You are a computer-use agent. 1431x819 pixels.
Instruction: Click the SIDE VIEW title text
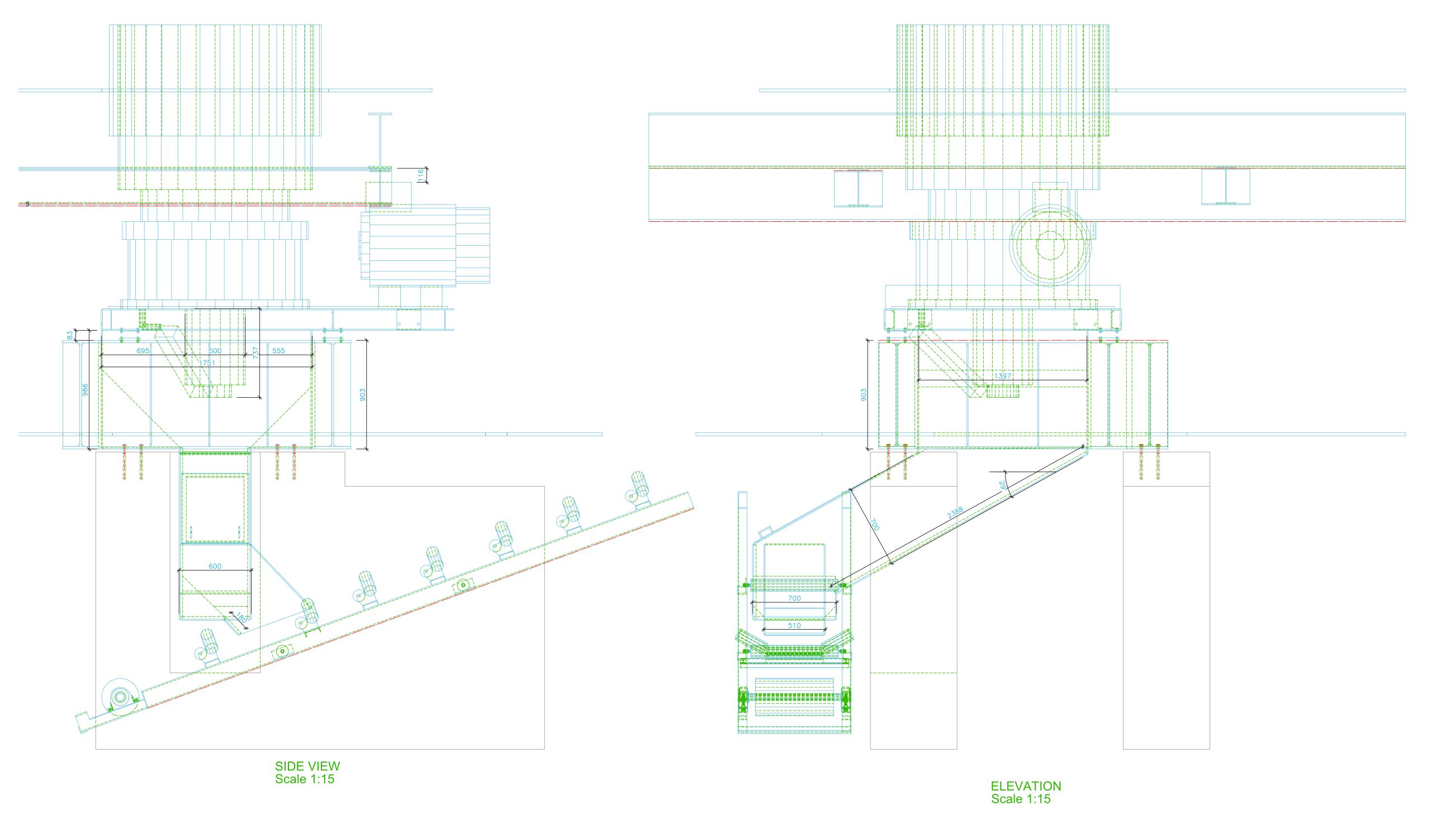[307, 765]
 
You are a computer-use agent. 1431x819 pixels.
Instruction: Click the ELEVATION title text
[1026, 786]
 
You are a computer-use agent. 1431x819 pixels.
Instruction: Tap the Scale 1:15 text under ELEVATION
[1021, 799]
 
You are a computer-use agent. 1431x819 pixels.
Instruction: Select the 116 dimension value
[420, 175]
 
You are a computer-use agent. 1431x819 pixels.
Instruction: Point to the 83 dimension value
[70, 335]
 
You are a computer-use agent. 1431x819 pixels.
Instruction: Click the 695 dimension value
[144, 350]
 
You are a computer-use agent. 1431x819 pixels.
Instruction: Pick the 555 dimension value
[278, 350]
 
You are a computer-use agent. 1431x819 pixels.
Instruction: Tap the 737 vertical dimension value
[255, 353]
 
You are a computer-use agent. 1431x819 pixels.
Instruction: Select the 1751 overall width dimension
[207, 363]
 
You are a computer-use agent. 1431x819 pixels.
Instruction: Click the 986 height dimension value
[85, 389]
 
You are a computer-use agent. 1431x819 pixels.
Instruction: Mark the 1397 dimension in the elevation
[1002, 376]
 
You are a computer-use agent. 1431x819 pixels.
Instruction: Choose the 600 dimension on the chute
[215, 566]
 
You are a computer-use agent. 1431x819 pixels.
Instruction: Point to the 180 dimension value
[240, 618]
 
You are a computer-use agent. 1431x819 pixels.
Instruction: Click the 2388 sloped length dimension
[955, 512]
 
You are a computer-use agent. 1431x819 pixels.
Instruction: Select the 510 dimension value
[794, 625]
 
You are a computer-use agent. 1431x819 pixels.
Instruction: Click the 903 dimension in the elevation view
[863, 394]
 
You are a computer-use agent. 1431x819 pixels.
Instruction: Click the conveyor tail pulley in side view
[120, 697]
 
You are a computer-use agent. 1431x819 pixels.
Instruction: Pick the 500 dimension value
[215, 350]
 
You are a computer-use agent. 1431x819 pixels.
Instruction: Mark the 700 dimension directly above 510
[794, 598]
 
